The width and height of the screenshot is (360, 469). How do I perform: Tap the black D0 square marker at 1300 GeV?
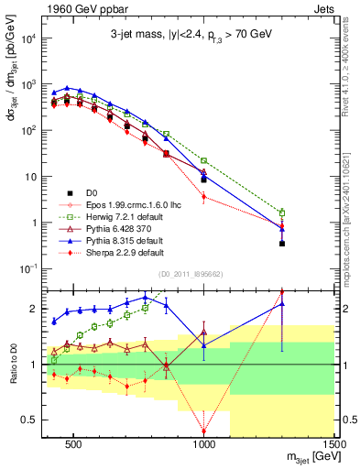[x=282, y=244]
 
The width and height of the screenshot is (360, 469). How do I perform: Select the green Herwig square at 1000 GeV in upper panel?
[x=204, y=160]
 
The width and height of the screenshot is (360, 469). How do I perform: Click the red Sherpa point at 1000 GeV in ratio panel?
[x=204, y=431]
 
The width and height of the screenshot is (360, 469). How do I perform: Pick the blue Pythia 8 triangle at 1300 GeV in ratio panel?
[x=282, y=304]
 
